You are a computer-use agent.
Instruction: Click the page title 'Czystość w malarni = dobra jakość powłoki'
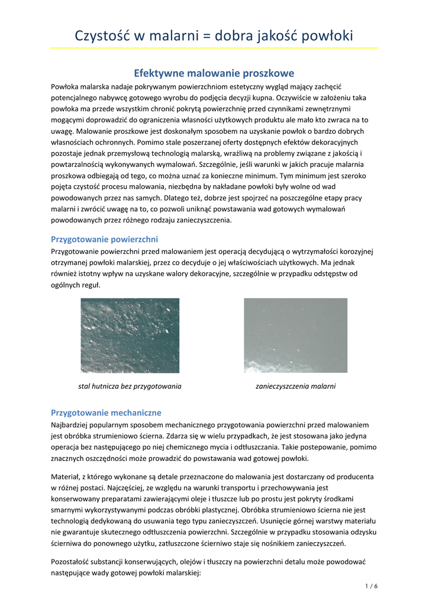coord(214,36)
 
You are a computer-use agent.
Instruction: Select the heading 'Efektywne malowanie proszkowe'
coord(214,73)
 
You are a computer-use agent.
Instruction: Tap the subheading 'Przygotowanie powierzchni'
coord(104,239)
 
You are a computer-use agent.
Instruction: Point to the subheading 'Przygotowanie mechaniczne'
coord(106,412)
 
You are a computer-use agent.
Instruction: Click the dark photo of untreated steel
coord(130,335)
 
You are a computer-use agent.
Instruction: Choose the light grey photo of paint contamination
coord(295,335)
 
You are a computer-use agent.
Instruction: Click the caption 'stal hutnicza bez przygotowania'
coord(130,386)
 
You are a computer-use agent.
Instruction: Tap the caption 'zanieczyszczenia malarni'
coord(295,386)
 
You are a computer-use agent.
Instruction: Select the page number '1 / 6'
coord(372,586)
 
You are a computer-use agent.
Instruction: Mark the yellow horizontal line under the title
coord(214,48)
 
